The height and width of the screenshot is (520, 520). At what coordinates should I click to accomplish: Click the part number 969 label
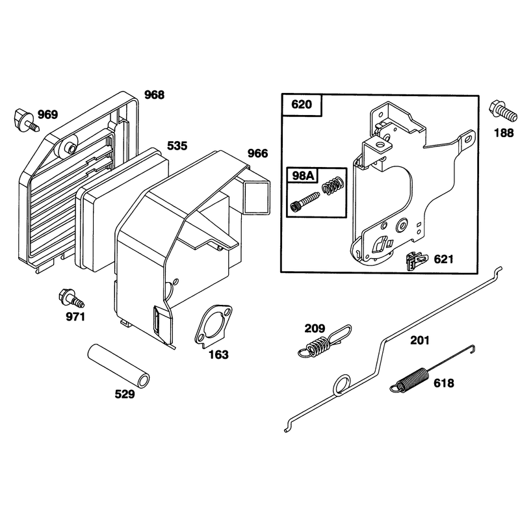(x=47, y=115)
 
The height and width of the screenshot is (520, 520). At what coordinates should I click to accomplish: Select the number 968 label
(x=154, y=95)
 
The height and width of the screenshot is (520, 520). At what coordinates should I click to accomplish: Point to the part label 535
(x=177, y=146)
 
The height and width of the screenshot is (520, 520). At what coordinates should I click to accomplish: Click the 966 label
(x=257, y=153)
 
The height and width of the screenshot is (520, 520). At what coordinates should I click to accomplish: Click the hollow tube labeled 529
(x=118, y=365)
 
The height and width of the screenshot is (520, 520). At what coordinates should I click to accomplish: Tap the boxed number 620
(x=302, y=105)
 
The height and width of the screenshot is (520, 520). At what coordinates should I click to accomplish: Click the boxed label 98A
(x=302, y=175)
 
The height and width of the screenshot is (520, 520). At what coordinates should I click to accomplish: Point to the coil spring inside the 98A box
(x=332, y=185)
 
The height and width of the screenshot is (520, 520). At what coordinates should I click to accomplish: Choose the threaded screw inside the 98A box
(x=305, y=201)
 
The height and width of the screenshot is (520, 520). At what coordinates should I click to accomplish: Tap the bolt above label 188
(x=502, y=111)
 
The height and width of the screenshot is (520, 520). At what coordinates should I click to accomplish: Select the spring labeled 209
(x=324, y=342)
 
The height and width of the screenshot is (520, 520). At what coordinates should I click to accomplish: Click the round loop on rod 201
(x=342, y=385)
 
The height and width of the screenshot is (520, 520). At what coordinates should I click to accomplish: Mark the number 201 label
(x=420, y=341)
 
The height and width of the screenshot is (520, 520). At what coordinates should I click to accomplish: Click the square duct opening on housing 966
(x=257, y=197)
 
